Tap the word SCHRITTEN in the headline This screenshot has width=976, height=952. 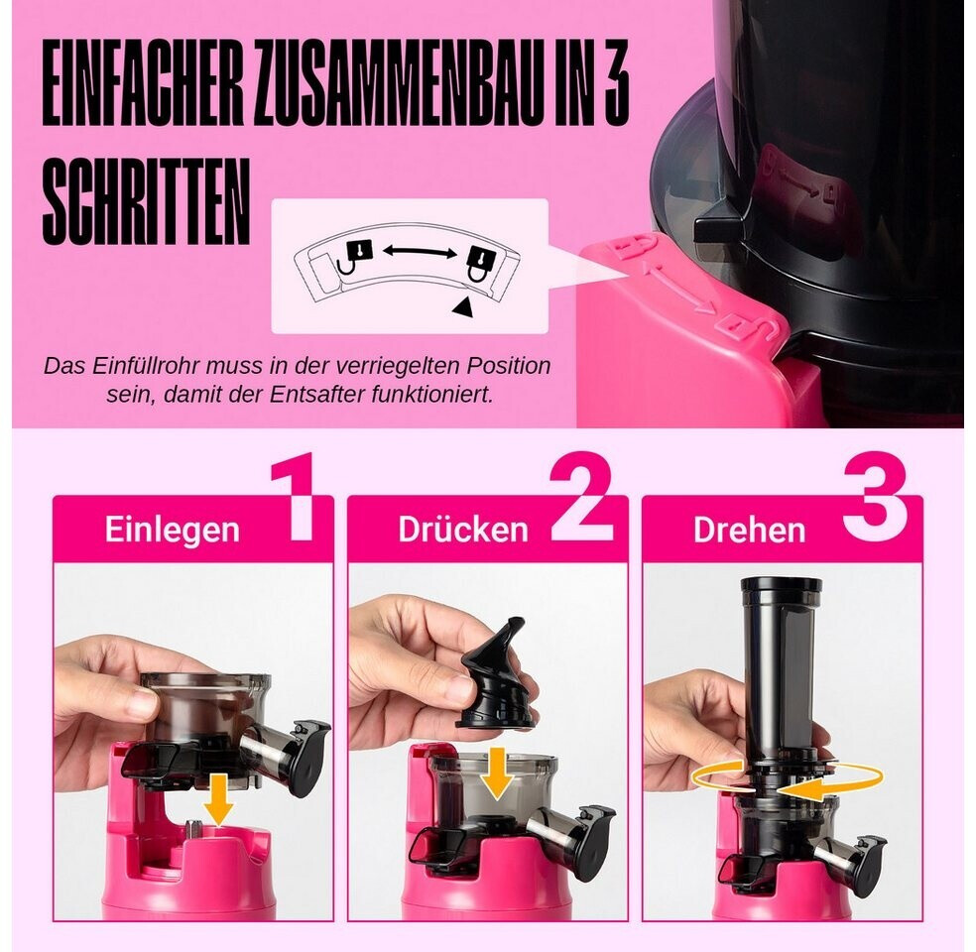[x=146, y=202]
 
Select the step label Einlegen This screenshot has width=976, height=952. [x=172, y=530]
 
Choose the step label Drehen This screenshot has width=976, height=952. [x=750, y=531]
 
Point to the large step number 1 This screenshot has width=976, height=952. [x=295, y=498]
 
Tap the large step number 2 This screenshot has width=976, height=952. [x=582, y=497]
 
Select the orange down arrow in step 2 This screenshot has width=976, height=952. [x=496, y=773]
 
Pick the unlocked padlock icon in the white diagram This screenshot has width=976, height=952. [x=355, y=257]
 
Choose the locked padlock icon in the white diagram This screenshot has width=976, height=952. [x=480, y=264]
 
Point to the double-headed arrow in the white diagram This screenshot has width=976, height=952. [x=420, y=251]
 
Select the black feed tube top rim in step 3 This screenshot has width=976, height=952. [x=782, y=585]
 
